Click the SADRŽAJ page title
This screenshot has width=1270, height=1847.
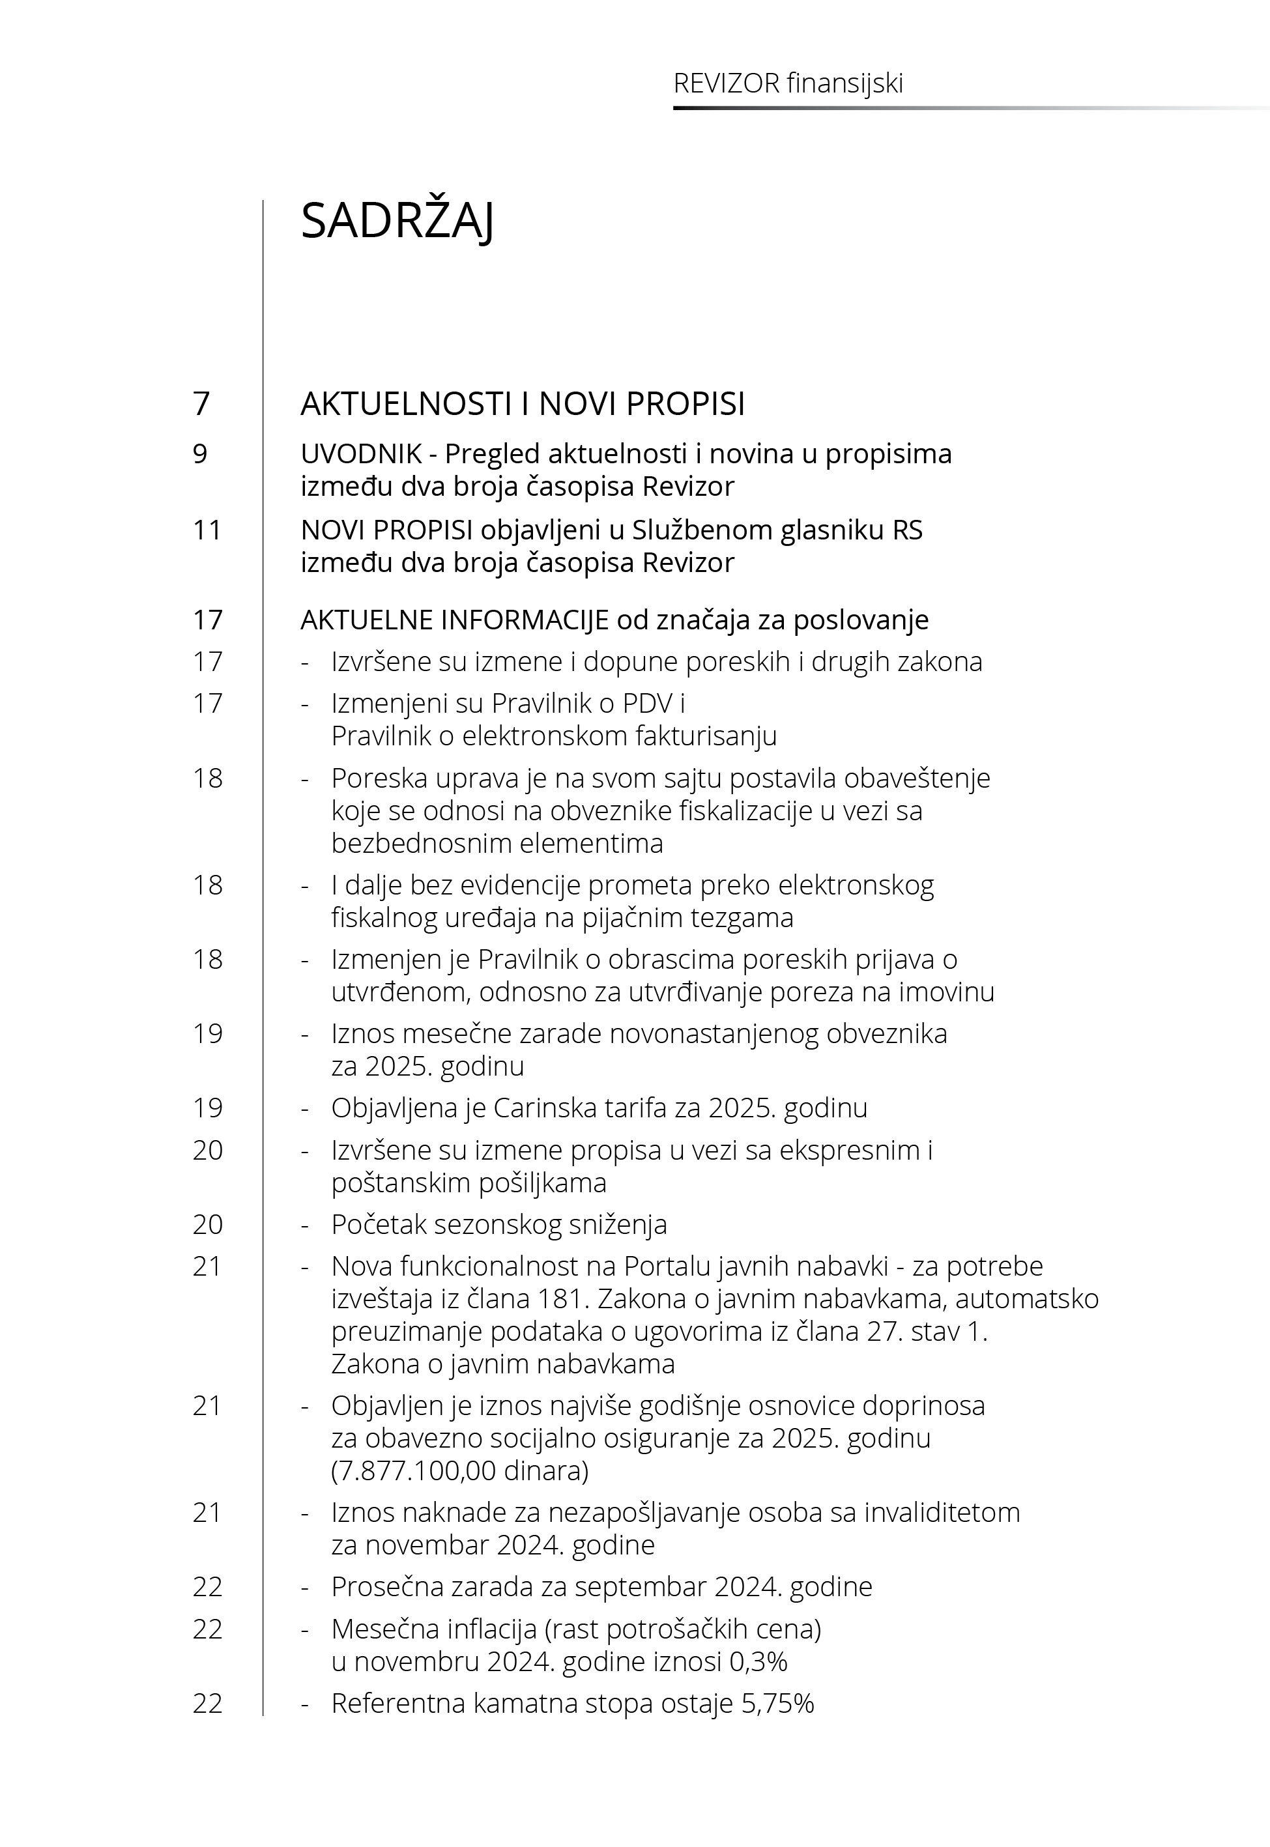pyautogui.click(x=397, y=221)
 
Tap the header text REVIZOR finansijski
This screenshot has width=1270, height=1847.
pyautogui.click(x=788, y=83)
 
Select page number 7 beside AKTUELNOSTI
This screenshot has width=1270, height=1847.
pyautogui.click(x=201, y=404)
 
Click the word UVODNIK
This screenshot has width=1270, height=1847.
pyautogui.click(x=361, y=454)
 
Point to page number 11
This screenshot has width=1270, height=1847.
pyautogui.click(x=207, y=530)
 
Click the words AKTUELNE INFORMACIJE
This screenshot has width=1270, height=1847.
pyautogui.click(x=454, y=620)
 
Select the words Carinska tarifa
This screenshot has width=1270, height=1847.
pyautogui.click(x=579, y=1108)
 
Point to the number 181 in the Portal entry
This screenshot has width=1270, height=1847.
pyautogui.click(x=561, y=1299)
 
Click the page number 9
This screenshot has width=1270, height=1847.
pyautogui.click(x=200, y=454)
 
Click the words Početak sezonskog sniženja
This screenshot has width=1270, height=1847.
pyautogui.click(x=499, y=1224)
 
